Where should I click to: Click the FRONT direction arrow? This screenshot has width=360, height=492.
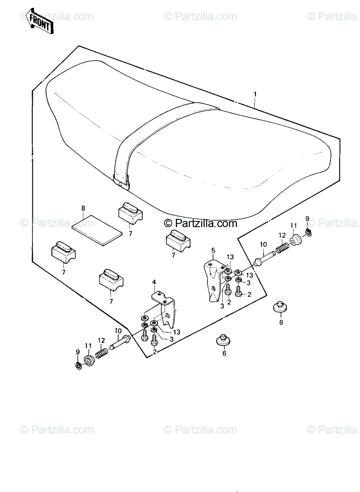39,21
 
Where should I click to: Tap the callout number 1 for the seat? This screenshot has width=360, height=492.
255,94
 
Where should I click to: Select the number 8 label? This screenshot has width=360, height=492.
83,208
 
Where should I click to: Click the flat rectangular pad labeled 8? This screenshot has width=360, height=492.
97,230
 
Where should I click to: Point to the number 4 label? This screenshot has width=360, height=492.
154,282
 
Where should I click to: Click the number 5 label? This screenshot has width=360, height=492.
213,250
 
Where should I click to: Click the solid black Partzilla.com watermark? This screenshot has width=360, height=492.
201,223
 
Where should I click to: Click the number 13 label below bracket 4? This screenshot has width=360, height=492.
177,332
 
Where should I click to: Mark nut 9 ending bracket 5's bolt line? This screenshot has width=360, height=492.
308,232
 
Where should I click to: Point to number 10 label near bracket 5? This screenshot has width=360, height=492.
263,244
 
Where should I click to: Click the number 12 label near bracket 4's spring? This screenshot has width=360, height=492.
101,340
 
